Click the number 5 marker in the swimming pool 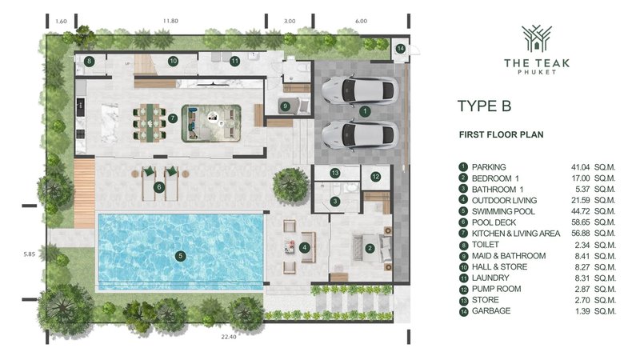coord(181,256)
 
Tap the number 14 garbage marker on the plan coord(400,49)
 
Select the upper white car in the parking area coord(362,91)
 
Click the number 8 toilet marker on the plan coord(90,61)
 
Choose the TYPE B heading coord(484,106)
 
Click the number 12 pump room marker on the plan coord(374,176)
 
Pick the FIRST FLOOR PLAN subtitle coord(502,134)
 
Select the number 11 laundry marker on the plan coord(234,61)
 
